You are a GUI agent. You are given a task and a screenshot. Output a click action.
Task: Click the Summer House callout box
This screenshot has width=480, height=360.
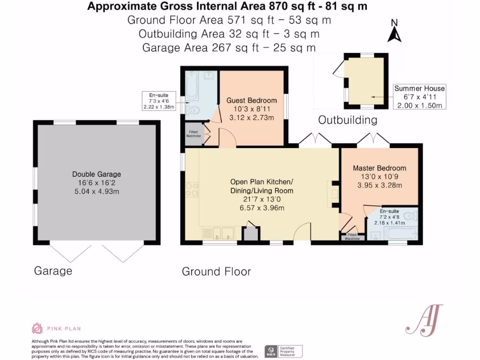point(419,97)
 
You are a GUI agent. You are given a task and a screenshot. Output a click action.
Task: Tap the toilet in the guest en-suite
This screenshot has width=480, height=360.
point(193,110)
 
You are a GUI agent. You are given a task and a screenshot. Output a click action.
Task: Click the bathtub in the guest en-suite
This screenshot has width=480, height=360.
point(192,86)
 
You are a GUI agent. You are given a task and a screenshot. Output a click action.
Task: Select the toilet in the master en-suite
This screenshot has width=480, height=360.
point(410,217)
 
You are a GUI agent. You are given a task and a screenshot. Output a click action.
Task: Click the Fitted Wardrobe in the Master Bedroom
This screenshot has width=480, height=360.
point(352,237)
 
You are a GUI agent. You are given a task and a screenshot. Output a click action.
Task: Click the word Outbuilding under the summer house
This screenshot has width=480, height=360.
point(347,120)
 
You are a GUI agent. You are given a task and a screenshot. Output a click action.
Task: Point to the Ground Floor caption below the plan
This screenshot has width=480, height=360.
point(216,271)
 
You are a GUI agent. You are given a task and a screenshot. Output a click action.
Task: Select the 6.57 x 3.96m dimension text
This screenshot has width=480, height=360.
point(262,208)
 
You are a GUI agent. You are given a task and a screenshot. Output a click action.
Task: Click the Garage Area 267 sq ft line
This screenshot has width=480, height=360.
point(229,47)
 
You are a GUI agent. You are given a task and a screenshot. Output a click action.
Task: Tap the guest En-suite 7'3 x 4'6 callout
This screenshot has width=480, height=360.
point(158,101)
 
